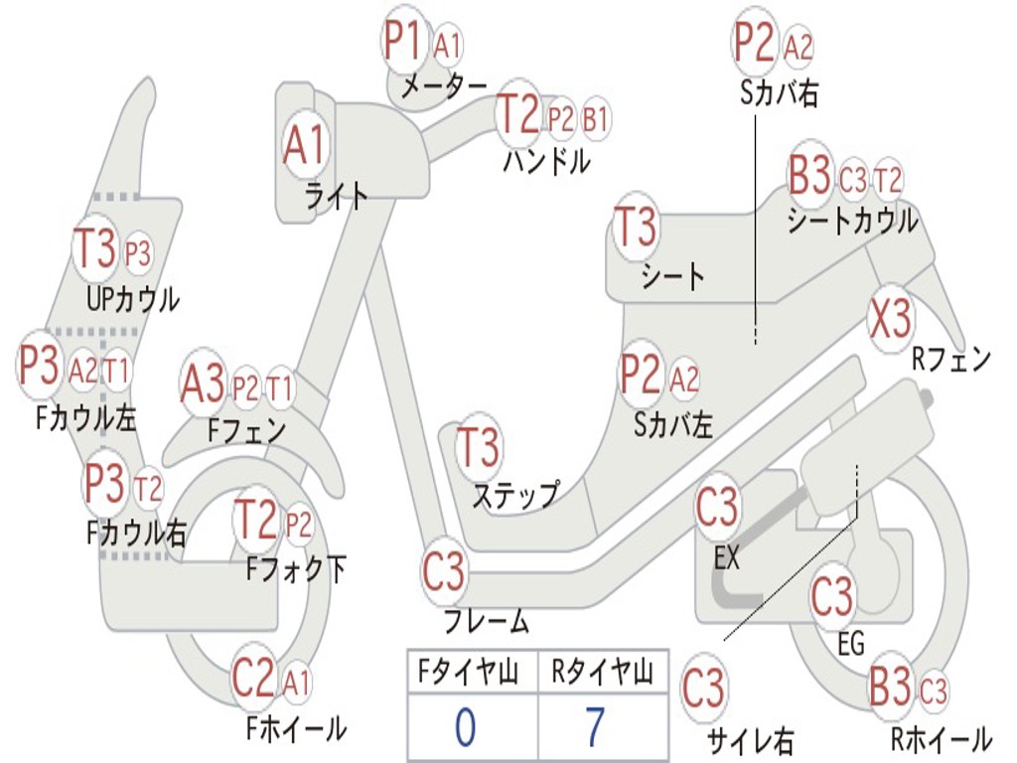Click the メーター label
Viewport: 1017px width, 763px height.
pyautogui.click(x=443, y=87)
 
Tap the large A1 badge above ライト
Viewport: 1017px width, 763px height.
pyautogui.click(x=304, y=145)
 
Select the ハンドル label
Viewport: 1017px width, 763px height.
pyautogui.click(x=546, y=161)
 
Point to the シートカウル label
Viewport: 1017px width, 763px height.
pyautogui.click(x=852, y=222)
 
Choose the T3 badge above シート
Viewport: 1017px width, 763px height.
pyautogui.click(x=637, y=228)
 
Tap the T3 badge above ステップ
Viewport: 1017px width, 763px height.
pyautogui.click(x=479, y=447)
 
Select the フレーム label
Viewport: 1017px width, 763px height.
pyautogui.click(x=486, y=623)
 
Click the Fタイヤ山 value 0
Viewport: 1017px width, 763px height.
pyautogui.click(x=465, y=728)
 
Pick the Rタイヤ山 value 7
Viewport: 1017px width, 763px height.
pyautogui.click(x=595, y=728)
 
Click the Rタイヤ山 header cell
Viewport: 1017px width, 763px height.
pyautogui.click(x=602, y=675)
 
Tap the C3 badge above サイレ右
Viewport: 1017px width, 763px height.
pyautogui.click(x=703, y=687)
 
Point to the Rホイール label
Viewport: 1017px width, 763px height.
pyautogui.click(x=940, y=739)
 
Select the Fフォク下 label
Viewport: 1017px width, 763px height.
pyautogui.click(x=296, y=569)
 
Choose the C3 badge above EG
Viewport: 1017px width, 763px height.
pyautogui.click(x=832, y=596)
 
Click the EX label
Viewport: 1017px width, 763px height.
pyautogui.click(x=727, y=558)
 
